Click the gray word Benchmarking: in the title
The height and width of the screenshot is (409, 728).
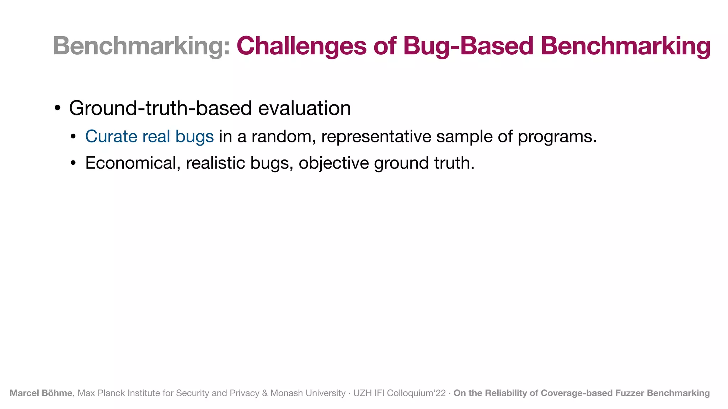[x=141, y=47]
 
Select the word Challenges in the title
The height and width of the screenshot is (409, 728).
[x=301, y=47]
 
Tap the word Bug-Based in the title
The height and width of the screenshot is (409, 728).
[x=469, y=47]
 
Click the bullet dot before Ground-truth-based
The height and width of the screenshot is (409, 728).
[x=58, y=108]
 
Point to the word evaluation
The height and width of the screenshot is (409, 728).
[x=304, y=108]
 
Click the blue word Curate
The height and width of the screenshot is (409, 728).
[x=111, y=137]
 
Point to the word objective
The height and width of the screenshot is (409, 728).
[x=334, y=163]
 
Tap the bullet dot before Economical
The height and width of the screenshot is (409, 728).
[x=73, y=163]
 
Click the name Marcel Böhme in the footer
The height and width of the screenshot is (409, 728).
[x=41, y=393]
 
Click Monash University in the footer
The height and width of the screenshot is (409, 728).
[x=308, y=393]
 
